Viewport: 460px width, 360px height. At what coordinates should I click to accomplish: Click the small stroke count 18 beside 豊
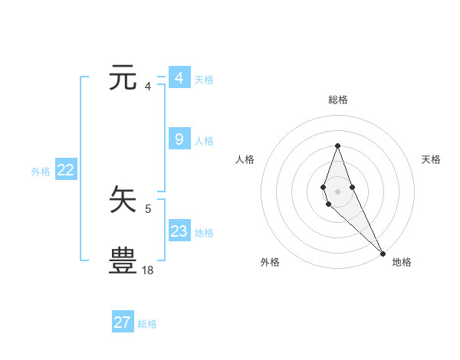(x=148, y=270)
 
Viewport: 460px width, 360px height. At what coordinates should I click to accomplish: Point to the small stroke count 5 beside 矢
(x=148, y=208)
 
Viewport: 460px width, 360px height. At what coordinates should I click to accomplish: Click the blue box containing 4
(x=179, y=78)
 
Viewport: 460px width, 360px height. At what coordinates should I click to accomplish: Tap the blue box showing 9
(x=179, y=139)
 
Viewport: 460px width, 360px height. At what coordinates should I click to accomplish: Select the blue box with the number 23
(x=179, y=231)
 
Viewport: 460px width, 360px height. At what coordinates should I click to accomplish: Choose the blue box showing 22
(x=65, y=170)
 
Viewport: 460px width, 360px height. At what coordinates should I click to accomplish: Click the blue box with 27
(x=122, y=322)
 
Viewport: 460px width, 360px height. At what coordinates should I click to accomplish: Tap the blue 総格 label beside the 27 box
(x=147, y=324)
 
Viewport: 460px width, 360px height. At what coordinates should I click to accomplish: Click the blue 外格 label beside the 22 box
(x=41, y=172)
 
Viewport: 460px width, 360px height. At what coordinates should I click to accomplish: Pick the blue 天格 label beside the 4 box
(x=204, y=80)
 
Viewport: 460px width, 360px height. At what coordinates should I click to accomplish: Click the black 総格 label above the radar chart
(x=337, y=100)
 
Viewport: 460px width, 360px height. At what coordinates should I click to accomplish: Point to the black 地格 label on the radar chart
(x=402, y=262)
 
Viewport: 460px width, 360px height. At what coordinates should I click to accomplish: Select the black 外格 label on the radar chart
(x=270, y=262)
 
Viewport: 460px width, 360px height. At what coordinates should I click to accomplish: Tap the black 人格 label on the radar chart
(x=245, y=159)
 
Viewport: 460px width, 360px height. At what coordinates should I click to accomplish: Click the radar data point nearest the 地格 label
(x=382, y=254)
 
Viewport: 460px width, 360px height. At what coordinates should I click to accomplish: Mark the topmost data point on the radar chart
(x=337, y=146)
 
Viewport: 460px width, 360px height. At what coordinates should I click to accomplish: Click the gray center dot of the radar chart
(x=337, y=191)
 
